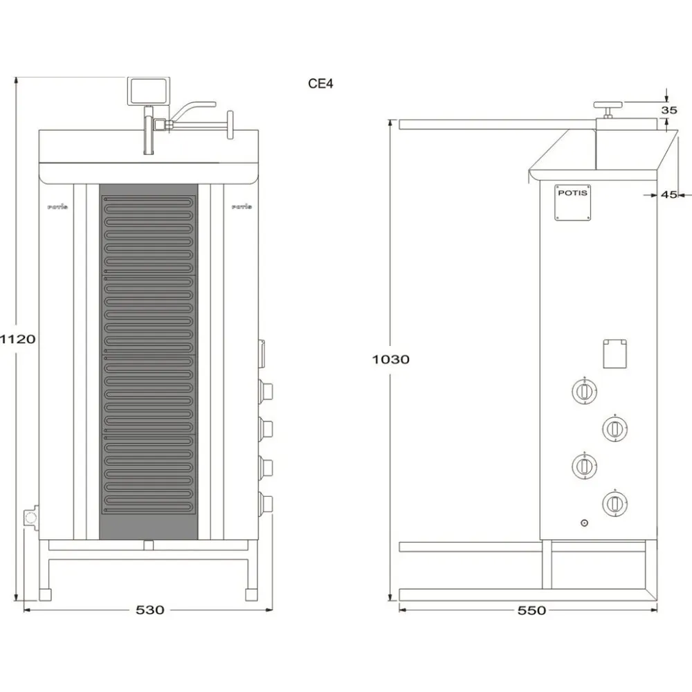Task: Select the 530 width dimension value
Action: (x=149, y=610)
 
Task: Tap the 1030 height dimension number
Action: (x=390, y=359)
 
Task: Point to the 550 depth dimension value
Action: (x=531, y=610)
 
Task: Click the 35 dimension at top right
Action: (x=668, y=110)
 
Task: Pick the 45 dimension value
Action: (x=668, y=195)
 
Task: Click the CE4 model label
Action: (x=321, y=84)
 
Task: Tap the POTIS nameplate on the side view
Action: (x=573, y=202)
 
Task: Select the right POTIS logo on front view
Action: (x=242, y=206)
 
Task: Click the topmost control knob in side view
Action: (x=583, y=392)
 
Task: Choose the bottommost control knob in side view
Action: (x=614, y=502)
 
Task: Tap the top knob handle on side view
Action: (x=608, y=106)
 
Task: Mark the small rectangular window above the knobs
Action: (x=614, y=353)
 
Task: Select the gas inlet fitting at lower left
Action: (x=30, y=518)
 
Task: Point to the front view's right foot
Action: (x=251, y=594)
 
